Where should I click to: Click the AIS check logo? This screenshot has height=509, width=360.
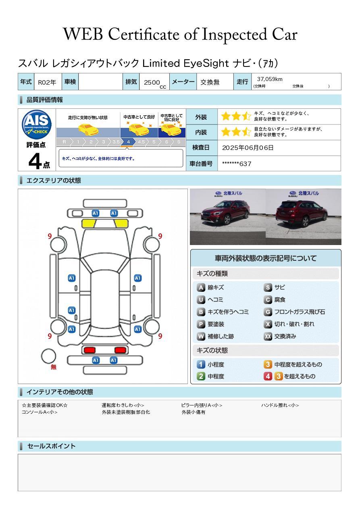(37, 124)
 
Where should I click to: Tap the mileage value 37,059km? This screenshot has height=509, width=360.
(270, 79)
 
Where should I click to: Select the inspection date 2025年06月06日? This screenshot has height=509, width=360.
(248, 148)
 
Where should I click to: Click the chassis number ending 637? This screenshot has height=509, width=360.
(237, 164)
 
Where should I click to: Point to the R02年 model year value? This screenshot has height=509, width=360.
(47, 82)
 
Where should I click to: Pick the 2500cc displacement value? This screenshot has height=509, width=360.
(153, 83)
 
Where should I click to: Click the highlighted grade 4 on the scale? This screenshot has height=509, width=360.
(128, 142)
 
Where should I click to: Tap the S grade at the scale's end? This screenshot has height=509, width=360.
(179, 142)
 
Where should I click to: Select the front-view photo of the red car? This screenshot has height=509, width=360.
(227, 216)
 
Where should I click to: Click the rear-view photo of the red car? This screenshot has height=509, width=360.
(304, 216)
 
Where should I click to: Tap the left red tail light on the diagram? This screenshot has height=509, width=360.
(89, 350)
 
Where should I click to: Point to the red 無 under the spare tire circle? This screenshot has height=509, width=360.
(54, 367)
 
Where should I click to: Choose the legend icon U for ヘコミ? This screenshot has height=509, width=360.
(201, 300)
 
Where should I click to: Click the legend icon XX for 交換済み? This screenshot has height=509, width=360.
(268, 337)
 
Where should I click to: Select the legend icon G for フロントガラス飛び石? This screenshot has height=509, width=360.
(268, 312)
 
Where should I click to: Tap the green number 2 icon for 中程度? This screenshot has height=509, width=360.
(201, 376)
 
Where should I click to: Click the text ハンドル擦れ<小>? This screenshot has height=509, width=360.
(280, 405)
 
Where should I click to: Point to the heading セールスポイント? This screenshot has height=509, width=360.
(51, 446)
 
